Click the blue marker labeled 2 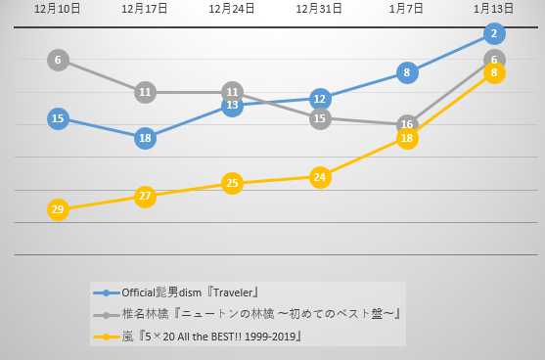[x=494, y=34]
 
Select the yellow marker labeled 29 [x=58, y=209]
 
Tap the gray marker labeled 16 [x=407, y=125]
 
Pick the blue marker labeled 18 [x=145, y=138]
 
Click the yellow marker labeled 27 [x=145, y=196]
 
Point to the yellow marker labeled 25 [x=232, y=183]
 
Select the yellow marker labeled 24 [x=319, y=177]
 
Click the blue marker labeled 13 [x=232, y=105]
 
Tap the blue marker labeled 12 [x=319, y=99]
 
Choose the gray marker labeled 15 [x=319, y=118]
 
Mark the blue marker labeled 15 [x=58, y=118]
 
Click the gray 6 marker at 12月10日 [x=58, y=60]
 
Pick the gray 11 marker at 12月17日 [x=145, y=92]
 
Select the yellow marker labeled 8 [x=494, y=72]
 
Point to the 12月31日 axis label [x=319, y=9]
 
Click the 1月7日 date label [x=407, y=9]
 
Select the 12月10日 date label [x=58, y=9]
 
